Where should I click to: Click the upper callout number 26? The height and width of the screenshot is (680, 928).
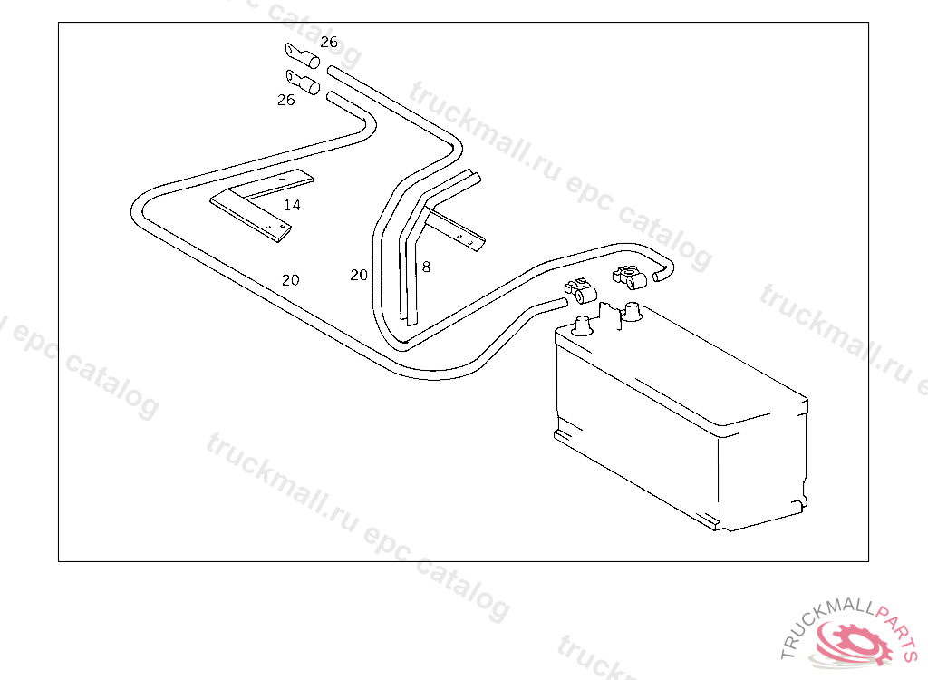coord(328,42)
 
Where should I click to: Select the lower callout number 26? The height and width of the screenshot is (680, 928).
coord(285,100)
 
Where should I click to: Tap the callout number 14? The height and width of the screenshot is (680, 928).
coord(292,205)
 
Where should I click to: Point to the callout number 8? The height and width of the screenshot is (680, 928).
coord(426,267)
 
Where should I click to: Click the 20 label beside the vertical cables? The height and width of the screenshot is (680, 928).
coord(359,275)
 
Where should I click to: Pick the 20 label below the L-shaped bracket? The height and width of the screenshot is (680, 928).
coord(290,280)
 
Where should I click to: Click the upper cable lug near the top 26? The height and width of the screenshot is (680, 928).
coord(303,57)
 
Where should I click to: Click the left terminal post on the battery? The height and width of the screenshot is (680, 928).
coord(582,325)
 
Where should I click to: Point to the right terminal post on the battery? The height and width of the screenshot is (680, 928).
coord(633,313)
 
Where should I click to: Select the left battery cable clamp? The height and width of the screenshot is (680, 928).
coord(578,292)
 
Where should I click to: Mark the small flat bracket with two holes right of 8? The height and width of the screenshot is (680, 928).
coord(459,230)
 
